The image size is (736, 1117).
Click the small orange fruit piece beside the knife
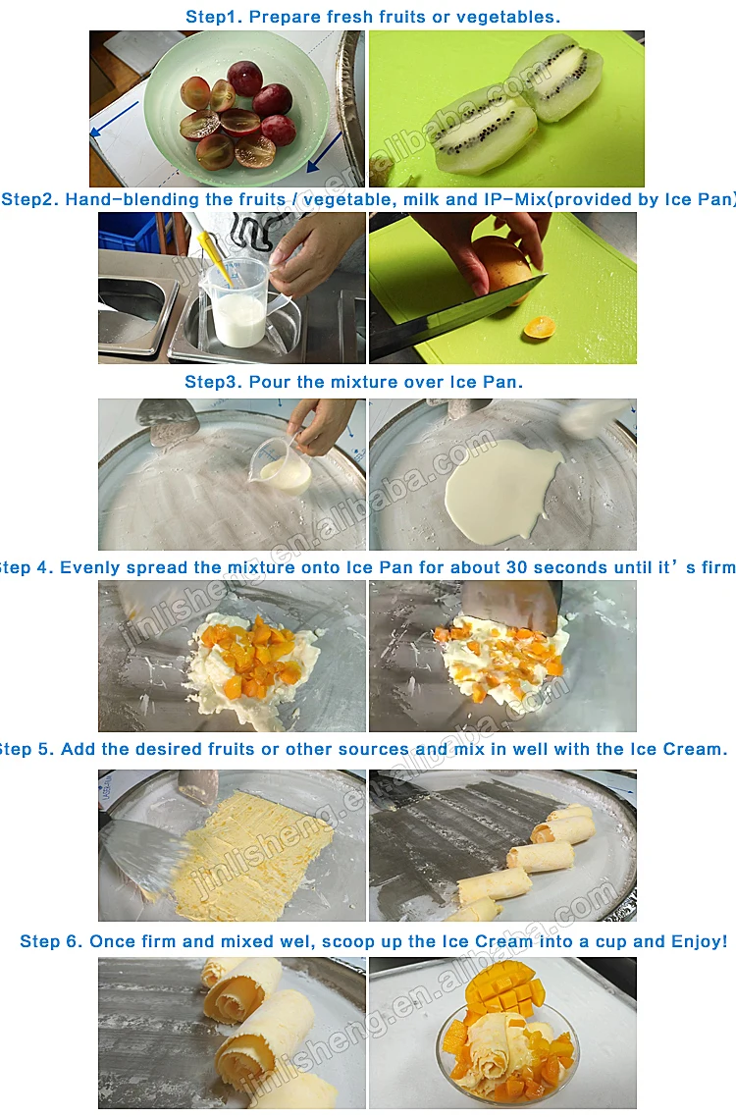pyautogui.click(x=538, y=327)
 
